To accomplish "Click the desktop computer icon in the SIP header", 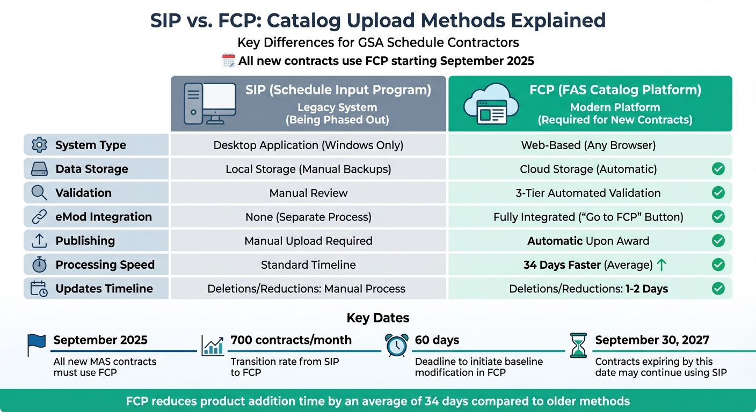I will tap(210, 104).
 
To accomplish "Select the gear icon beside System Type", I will tap(39, 145).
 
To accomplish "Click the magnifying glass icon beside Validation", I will tap(39, 193).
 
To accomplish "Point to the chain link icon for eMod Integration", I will tap(39, 217).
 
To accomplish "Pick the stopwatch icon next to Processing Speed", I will tap(39, 264).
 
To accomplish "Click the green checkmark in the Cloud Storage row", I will tap(718, 169).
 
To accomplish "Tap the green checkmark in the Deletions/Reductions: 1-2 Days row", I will tap(718, 289).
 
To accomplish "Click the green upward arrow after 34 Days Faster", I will tap(662, 264).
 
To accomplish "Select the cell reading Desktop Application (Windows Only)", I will tap(308, 145).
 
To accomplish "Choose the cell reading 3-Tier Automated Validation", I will tap(588, 193).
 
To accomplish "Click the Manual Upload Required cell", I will tap(308, 241).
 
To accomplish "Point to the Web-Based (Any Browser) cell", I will tap(588, 145).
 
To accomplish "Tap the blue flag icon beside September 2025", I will tap(36, 345).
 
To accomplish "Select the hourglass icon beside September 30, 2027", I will tap(578, 345).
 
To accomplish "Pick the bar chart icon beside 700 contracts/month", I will tap(213, 345).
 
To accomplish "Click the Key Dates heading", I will tap(378, 318).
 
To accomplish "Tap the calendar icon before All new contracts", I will tap(228, 61).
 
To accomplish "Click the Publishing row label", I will tap(85, 241).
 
